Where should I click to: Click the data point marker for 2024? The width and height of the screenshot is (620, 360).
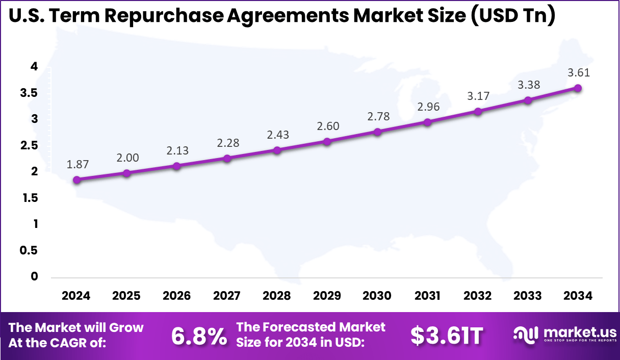pyautogui.click(x=76, y=180)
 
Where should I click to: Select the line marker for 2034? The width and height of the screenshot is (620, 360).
pyautogui.click(x=578, y=88)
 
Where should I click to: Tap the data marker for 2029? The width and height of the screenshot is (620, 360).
pyautogui.click(x=327, y=141)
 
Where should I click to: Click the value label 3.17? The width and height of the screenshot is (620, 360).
pyautogui.click(x=478, y=96)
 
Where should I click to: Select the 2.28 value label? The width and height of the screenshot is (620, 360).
pyautogui.click(x=227, y=143)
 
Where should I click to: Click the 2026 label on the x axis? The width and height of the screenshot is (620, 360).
pyautogui.click(x=177, y=296)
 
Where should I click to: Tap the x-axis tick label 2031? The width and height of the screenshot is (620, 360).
pyautogui.click(x=427, y=296)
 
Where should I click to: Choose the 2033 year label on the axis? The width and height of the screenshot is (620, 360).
pyautogui.click(x=528, y=296)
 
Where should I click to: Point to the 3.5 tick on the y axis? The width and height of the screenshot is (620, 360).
pyautogui.click(x=28, y=93)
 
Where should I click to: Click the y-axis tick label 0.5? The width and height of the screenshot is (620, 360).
pyautogui.click(x=28, y=250)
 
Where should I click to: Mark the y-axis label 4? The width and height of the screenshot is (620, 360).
pyautogui.click(x=34, y=66)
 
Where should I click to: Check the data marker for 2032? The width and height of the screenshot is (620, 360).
pyautogui.click(x=478, y=111)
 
